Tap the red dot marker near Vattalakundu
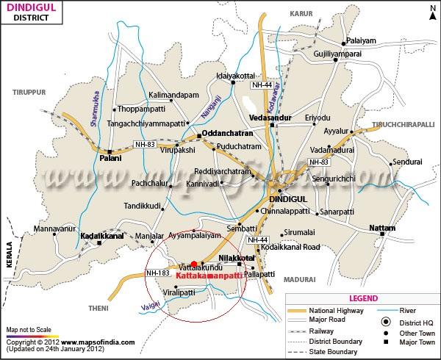coord(194,264)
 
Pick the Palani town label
coord(110,158)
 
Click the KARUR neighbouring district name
coord(301,14)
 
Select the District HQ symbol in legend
coord(385,322)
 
